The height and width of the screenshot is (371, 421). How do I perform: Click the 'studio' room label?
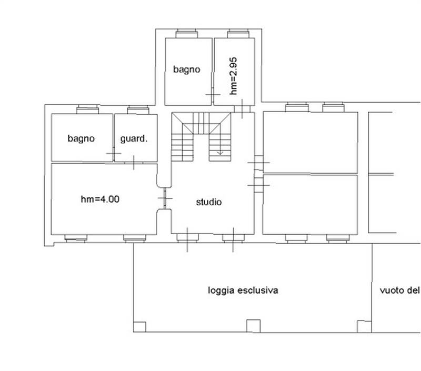click(209, 202)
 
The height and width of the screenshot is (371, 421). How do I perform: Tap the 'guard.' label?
click(134, 138)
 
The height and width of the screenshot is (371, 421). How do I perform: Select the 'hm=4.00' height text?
click(100, 199)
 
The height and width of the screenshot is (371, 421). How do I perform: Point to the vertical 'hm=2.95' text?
click(233, 76)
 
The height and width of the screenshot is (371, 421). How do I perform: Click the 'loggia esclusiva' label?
click(243, 290)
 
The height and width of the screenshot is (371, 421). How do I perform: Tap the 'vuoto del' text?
click(399, 290)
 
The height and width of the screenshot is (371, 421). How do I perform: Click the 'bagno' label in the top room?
click(187, 69)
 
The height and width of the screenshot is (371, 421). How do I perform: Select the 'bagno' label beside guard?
click(81, 138)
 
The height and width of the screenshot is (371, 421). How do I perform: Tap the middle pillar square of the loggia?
click(253, 326)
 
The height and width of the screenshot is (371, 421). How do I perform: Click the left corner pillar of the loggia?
click(139, 327)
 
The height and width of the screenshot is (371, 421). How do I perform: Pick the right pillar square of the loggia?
click(364, 326)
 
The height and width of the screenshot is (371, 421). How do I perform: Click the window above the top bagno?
click(187, 34)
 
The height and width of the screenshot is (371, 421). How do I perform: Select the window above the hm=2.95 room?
click(238, 34)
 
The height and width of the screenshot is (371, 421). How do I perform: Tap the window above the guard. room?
click(138, 110)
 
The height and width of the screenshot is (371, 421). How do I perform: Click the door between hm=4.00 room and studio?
click(165, 198)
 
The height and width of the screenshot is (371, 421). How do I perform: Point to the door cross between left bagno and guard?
click(114, 154)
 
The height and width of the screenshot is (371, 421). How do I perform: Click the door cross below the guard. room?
click(134, 163)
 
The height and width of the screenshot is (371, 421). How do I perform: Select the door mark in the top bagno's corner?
click(213, 95)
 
